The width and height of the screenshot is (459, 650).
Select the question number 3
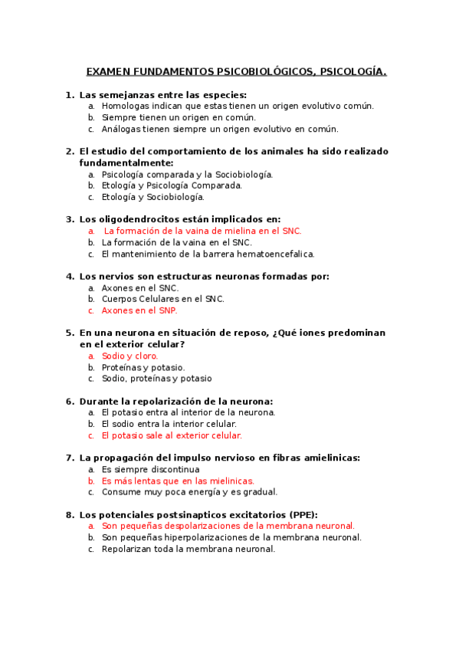click(70, 218)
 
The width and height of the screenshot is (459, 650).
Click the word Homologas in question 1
click(127, 106)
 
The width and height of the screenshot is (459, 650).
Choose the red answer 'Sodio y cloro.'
click(130, 356)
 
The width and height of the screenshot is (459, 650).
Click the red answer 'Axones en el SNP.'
click(139, 310)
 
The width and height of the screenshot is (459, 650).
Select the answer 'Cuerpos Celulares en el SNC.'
click(162, 299)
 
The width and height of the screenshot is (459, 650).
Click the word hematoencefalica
click(273, 254)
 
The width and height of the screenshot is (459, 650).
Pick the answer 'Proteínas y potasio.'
click(143, 367)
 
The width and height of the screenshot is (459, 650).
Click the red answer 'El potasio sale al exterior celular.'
click(172, 435)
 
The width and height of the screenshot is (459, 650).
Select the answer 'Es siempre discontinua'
click(150, 469)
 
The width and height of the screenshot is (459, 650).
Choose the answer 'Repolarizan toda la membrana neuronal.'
click(188, 549)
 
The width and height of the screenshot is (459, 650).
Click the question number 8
click(70, 514)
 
